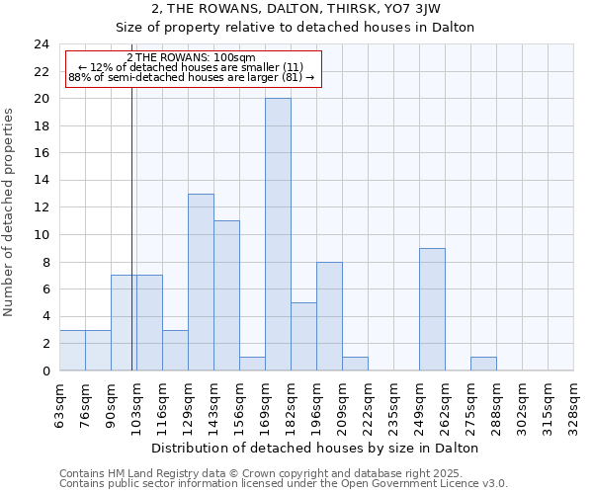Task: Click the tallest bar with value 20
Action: tap(278, 234)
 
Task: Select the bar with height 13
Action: tap(201, 282)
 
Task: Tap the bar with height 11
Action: tap(226, 295)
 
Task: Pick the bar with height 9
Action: tap(432, 309)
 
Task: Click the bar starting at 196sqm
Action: tap(329, 316)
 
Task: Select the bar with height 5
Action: tap(303, 336)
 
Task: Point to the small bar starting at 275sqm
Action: tap(483, 364)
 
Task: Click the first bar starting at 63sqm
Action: tap(72, 350)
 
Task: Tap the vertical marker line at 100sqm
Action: tap(131, 247)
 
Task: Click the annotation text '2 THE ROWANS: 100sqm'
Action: tap(192, 57)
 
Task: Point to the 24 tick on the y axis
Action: tap(42, 44)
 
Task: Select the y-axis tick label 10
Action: tap(42, 235)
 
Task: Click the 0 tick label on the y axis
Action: tap(45, 370)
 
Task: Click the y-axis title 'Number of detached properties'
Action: tap(10, 213)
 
